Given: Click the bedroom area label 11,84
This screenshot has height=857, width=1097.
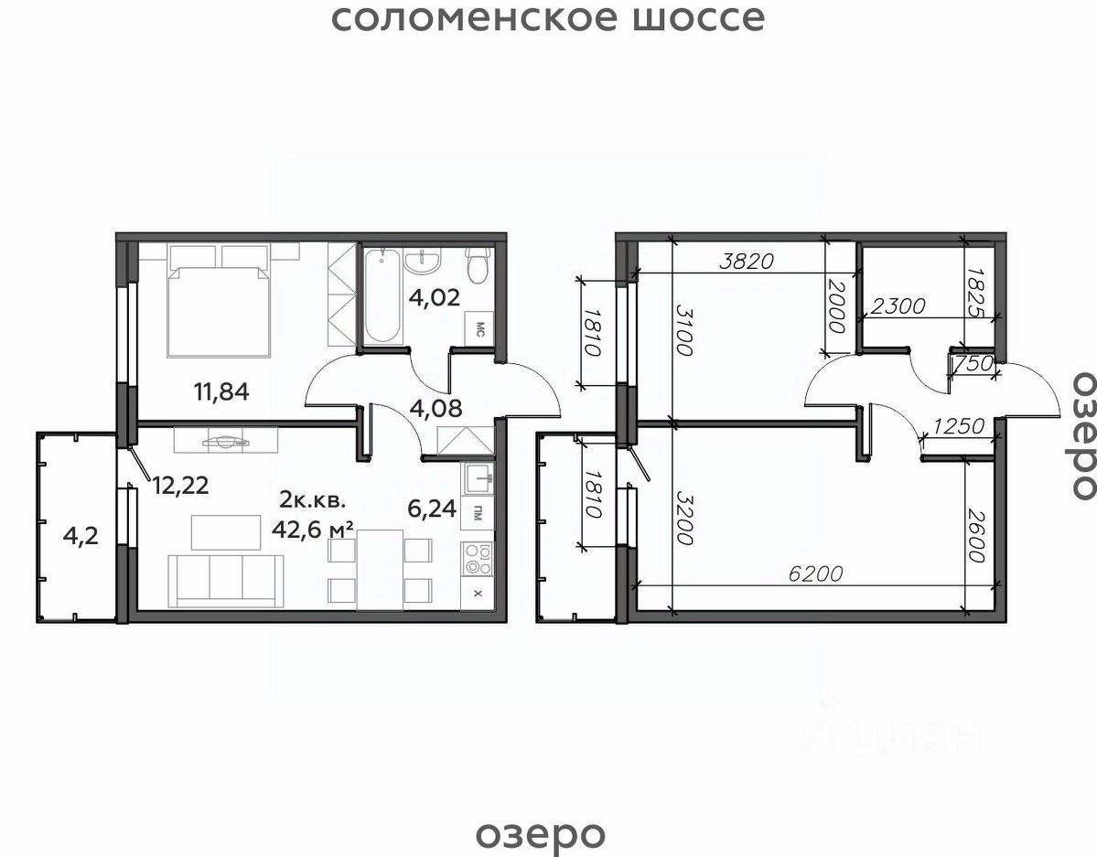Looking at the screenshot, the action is [x=221, y=391].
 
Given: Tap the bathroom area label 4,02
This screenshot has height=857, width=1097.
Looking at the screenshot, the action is [x=435, y=297].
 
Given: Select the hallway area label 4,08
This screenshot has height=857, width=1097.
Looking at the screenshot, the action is [x=436, y=408].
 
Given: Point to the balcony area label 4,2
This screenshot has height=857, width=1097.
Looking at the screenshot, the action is [x=80, y=537].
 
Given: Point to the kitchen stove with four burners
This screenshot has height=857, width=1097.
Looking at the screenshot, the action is [x=478, y=558].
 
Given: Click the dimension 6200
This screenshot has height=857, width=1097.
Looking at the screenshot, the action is [x=815, y=574].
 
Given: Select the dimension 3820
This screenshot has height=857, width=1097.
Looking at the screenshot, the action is [x=747, y=262].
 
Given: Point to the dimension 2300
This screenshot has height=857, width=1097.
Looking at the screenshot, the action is [x=898, y=305].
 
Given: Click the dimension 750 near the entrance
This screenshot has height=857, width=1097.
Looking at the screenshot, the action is [x=973, y=364].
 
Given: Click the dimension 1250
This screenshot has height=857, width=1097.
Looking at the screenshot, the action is [x=959, y=425].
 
